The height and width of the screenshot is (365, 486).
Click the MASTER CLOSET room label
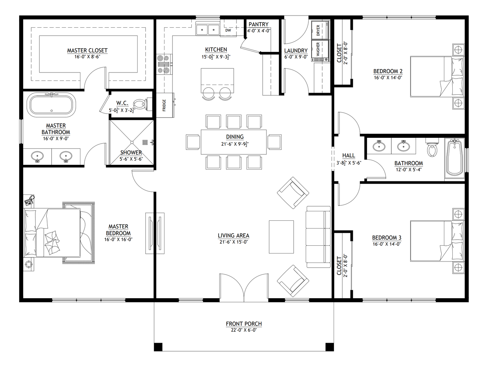point(87,51)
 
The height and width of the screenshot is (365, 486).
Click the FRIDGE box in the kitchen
point(164,105)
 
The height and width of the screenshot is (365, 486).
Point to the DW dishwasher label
point(228,30)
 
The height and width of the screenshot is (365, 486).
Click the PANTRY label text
point(258,24)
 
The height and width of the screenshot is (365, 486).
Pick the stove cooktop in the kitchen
point(164,64)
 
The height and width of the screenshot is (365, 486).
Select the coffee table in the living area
point(281,237)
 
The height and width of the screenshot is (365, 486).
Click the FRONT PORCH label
point(244,324)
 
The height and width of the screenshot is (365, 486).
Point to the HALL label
point(348,155)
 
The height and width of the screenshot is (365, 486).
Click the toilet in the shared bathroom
point(432,148)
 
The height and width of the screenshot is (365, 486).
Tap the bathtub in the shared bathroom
point(454,158)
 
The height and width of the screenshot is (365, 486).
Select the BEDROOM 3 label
point(386,238)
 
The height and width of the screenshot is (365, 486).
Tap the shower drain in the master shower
point(145,143)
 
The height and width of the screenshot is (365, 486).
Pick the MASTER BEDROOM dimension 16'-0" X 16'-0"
point(118,240)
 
